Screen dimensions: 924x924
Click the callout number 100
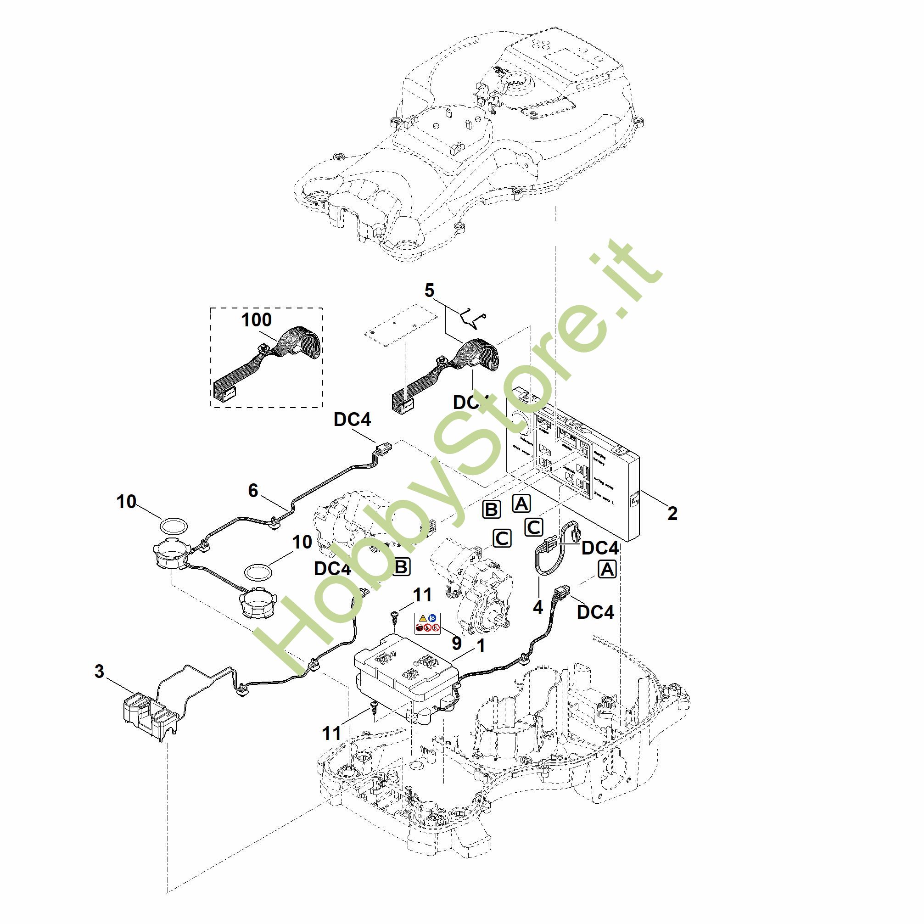[x=256, y=319]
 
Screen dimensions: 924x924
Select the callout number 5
[x=429, y=290]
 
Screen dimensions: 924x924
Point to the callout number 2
[x=672, y=513]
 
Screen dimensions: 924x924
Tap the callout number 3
[x=99, y=672]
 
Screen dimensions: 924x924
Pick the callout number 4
[x=538, y=607]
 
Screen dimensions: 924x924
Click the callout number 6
[x=253, y=490]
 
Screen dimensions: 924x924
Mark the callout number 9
[x=457, y=644]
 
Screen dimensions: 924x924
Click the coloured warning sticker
[x=427, y=624]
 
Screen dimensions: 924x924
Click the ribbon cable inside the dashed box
[x=268, y=364]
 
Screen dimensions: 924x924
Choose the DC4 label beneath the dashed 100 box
[x=352, y=420]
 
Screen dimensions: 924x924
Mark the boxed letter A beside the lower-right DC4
[x=607, y=570]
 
